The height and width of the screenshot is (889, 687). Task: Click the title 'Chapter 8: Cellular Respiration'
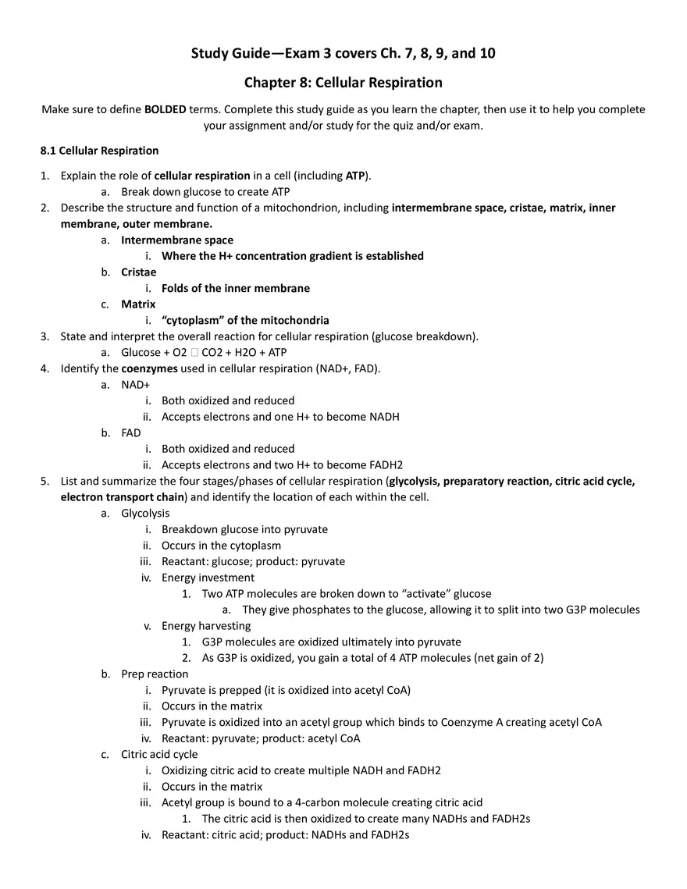pyautogui.click(x=343, y=83)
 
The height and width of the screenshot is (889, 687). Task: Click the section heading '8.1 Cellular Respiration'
pyautogui.click(x=99, y=151)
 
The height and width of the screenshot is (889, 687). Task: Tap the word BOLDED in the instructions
pyautogui.click(x=165, y=109)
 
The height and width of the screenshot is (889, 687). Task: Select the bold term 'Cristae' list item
pyautogui.click(x=138, y=272)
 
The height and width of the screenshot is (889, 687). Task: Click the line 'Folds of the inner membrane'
pyautogui.click(x=236, y=288)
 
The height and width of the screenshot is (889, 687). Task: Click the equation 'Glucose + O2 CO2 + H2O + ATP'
pyautogui.click(x=204, y=352)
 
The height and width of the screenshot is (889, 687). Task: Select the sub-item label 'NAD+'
pyautogui.click(x=135, y=385)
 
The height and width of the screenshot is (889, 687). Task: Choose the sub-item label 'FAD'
pyautogui.click(x=131, y=432)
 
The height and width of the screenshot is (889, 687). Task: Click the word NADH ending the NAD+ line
pyautogui.click(x=384, y=417)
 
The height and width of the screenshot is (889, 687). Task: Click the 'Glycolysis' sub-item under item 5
pyautogui.click(x=145, y=513)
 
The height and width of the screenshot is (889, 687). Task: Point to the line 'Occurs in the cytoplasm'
pyautogui.click(x=221, y=546)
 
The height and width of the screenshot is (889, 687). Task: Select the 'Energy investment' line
pyautogui.click(x=208, y=578)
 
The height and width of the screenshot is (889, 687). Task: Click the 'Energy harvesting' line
pyautogui.click(x=206, y=626)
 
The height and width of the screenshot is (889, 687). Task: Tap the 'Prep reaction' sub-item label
pyautogui.click(x=155, y=674)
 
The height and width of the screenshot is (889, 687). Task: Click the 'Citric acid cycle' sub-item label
pyautogui.click(x=159, y=754)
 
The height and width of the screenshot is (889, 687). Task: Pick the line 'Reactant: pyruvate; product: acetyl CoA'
pyautogui.click(x=261, y=738)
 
